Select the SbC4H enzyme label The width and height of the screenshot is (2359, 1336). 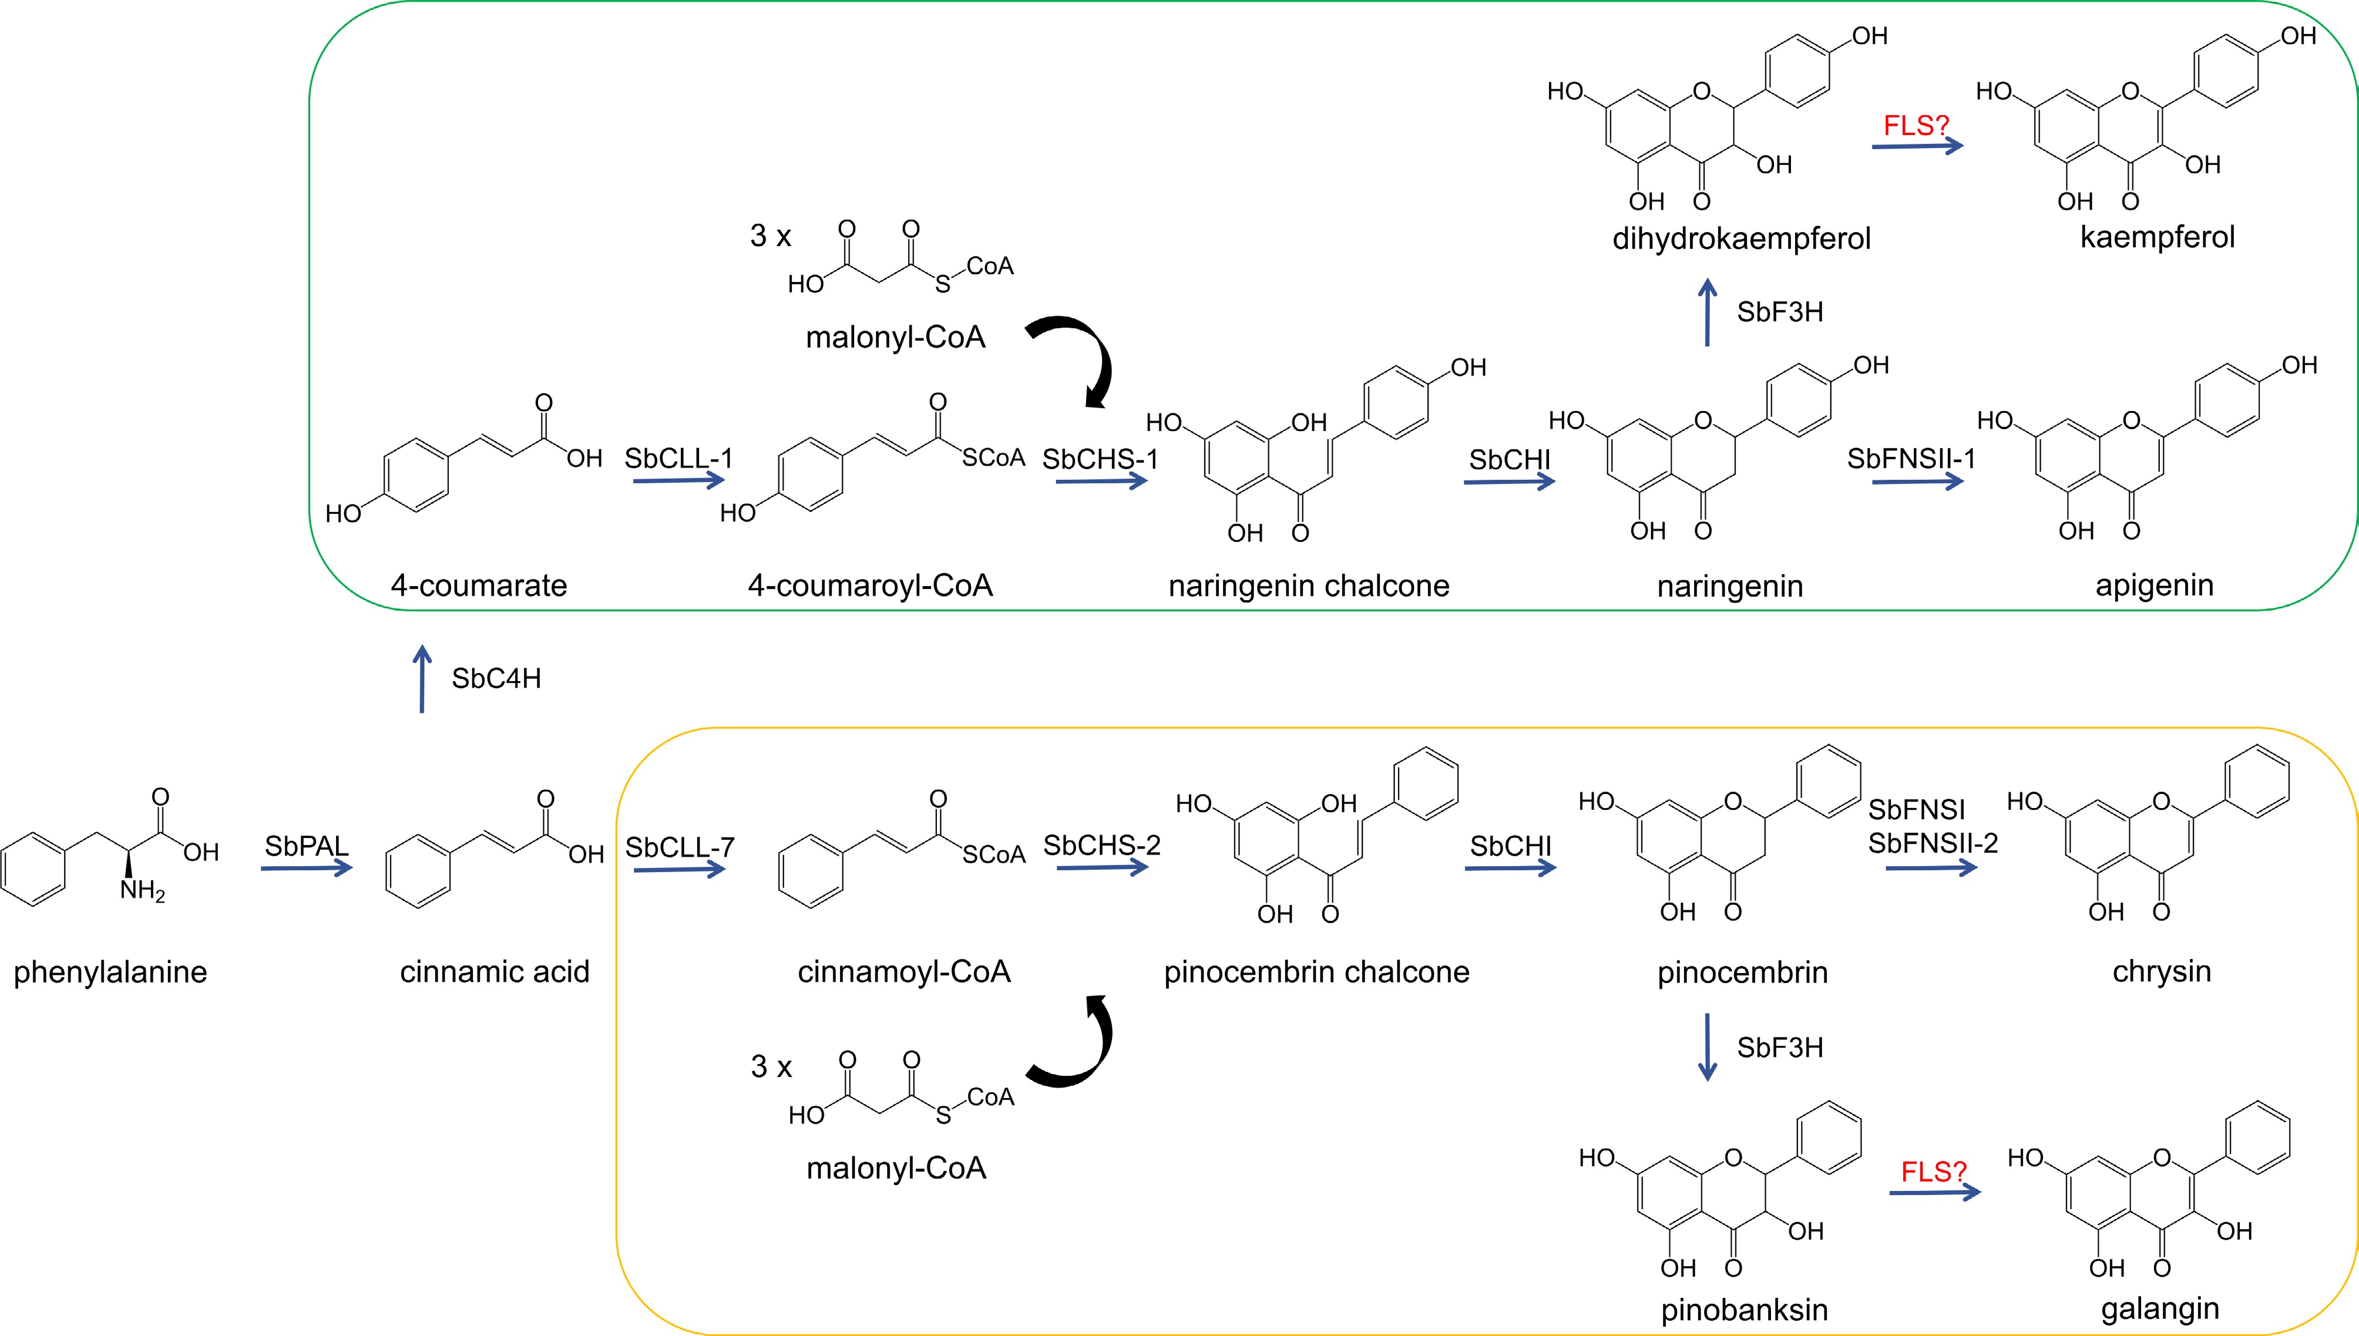coord(496,678)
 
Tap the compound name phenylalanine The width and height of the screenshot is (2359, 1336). coord(110,972)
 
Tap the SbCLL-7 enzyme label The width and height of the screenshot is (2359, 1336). coord(680,847)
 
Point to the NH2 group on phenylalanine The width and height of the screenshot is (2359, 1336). coord(142,890)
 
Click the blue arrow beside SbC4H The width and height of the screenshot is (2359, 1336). coord(422,678)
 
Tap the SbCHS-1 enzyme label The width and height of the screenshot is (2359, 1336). coord(1100,459)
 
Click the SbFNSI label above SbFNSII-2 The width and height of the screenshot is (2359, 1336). coord(1917,809)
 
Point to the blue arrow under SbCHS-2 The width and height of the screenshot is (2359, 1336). coord(1102,867)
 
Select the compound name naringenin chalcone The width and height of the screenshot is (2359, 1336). coord(1308,585)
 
